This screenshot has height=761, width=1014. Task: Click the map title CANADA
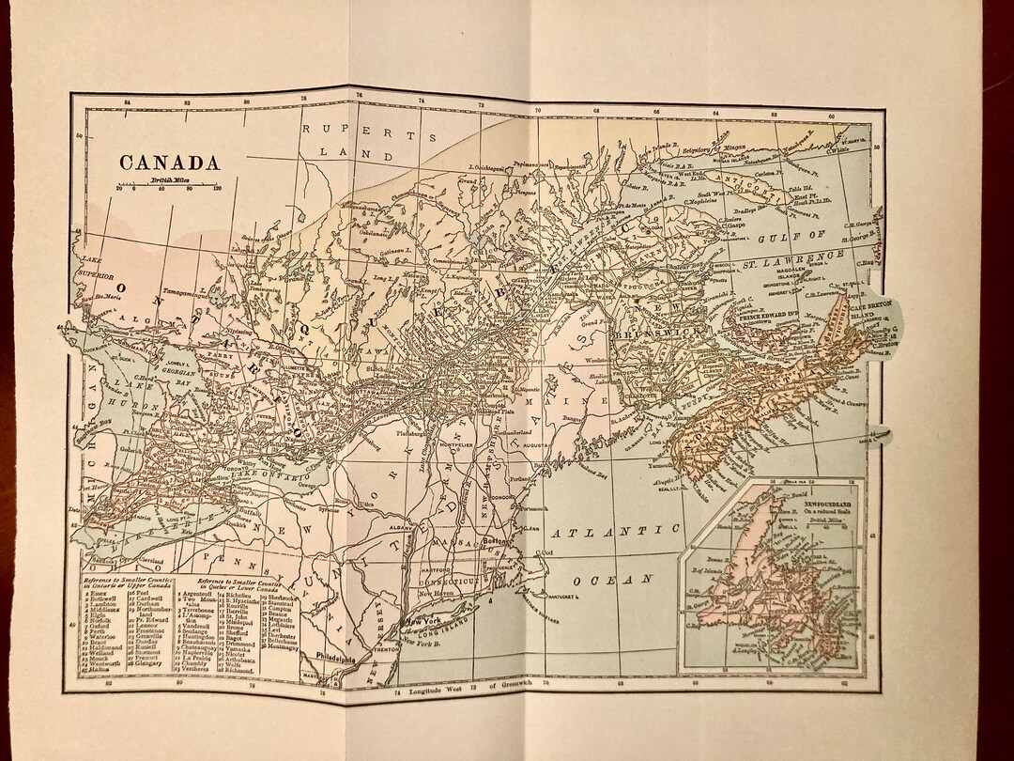(169, 162)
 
